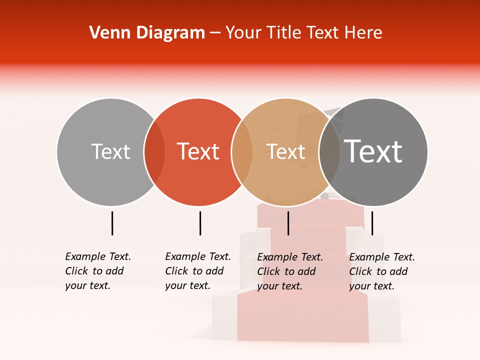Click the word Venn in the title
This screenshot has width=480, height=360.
(105, 33)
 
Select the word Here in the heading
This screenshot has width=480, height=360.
(363, 33)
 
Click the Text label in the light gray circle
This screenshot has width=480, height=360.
(110, 151)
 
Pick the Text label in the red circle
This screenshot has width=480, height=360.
(198, 151)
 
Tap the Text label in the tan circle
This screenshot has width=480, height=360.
(285, 151)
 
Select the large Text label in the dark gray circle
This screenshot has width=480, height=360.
(373, 151)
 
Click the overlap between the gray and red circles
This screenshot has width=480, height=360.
(154, 152)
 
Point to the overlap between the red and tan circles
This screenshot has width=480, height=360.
(242, 152)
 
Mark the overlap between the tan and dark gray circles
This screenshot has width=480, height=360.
(329, 152)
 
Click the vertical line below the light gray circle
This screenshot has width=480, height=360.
(112, 223)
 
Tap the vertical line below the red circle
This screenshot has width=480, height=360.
(200, 223)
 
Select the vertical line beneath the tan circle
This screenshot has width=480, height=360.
(288, 223)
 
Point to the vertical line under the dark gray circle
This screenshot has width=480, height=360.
(372, 223)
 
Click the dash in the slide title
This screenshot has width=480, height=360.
(215, 33)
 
